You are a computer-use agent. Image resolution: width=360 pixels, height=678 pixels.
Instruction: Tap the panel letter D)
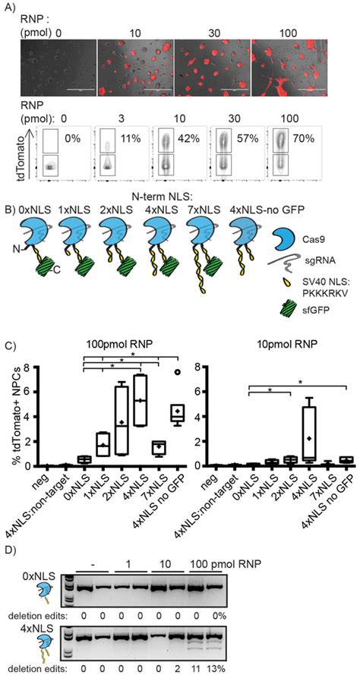[10, 550]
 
